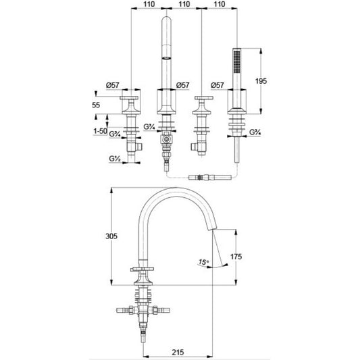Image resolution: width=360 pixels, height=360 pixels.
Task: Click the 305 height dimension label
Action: (111, 236)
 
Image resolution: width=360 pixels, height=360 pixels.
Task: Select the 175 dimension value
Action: (236, 257)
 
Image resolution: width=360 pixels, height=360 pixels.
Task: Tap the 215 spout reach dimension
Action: (178, 352)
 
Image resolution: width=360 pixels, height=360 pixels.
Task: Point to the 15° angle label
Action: (204, 262)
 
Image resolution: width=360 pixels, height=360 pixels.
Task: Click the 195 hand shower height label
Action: (261, 81)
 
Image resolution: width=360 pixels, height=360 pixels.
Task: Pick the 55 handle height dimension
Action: (96, 105)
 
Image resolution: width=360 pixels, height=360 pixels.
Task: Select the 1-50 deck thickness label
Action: (100, 131)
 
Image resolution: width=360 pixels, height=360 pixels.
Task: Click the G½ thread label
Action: (115, 159)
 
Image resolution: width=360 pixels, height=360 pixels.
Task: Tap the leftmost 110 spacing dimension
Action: (149, 4)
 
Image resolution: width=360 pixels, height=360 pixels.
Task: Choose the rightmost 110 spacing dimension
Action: (220, 4)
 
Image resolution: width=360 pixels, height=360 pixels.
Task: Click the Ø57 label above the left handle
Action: (113, 85)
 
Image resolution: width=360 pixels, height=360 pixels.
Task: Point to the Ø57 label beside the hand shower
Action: (217, 85)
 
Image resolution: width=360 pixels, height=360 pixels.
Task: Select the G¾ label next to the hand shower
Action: (255, 132)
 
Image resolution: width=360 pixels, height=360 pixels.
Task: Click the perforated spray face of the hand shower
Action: (236, 61)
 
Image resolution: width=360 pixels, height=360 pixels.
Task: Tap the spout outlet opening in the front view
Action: (166, 58)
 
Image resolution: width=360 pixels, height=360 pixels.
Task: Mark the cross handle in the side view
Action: (142, 269)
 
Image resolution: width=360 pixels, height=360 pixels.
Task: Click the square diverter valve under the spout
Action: (166, 139)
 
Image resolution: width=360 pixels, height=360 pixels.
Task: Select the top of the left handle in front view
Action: (129, 98)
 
